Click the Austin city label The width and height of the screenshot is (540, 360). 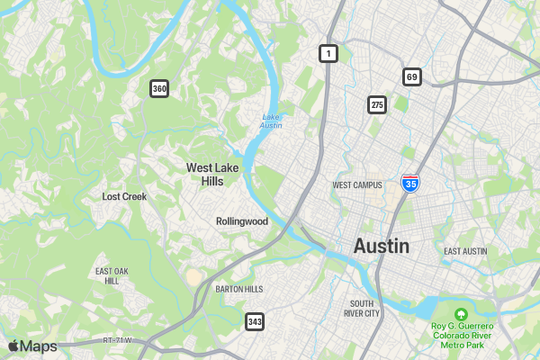[382, 246]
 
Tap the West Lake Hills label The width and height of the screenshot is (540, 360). [205, 174]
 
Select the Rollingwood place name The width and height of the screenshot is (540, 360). [242, 221]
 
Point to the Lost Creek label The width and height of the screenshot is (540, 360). [124, 196]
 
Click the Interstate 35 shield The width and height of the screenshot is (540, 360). [410, 184]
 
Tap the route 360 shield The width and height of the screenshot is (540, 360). [159, 88]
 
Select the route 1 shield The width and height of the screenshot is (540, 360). [328, 54]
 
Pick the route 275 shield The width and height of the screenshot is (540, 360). [377, 105]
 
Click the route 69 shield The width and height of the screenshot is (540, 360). [412, 76]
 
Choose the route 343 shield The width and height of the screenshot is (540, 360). [255, 321]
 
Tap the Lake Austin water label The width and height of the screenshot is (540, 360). [272, 121]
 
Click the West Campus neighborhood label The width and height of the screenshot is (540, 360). [357, 185]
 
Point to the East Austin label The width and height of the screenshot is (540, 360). [465, 251]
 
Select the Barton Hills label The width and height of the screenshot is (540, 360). [239, 289]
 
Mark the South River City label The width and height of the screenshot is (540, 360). [362, 309]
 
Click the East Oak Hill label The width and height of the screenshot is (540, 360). [112, 275]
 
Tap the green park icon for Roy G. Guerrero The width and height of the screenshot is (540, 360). [462, 314]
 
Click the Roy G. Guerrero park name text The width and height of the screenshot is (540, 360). [462, 335]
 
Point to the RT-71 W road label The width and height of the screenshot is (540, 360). [117, 340]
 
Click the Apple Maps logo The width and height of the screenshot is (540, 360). [32, 346]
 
